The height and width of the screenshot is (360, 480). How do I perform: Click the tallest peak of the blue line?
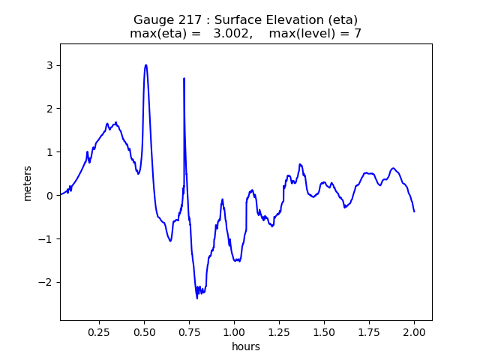(x=145, y=65)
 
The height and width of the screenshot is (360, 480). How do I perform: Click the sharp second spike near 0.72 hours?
(x=184, y=79)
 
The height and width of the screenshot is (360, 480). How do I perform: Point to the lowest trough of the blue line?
(x=197, y=298)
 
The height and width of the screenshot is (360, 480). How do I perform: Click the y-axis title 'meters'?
(x=28, y=182)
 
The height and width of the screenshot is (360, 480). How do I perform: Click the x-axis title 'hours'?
(x=246, y=346)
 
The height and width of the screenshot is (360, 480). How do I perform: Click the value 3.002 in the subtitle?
(x=231, y=33)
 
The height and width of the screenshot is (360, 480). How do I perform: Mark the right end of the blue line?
(x=414, y=211)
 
